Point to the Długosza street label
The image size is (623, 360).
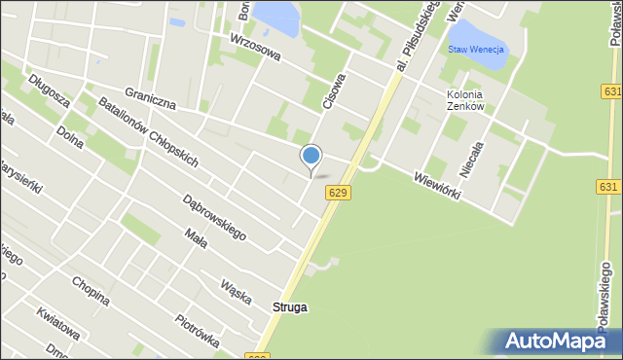(x=48, y=86)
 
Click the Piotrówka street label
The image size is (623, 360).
(x=198, y=330)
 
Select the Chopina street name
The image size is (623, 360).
(x=90, y=290)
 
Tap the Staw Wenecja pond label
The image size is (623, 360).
(x=476, y=49)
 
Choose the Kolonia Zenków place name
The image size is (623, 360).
(x=465, y=100)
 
